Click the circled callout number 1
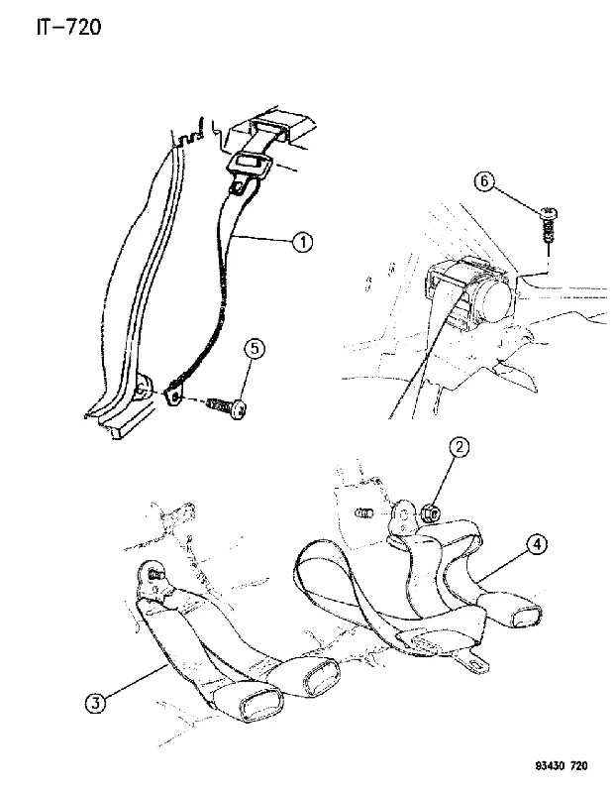tap(302, 242)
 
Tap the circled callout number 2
tap(460, 447)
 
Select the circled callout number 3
tap(96, 703)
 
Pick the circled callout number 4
tap(537, 544)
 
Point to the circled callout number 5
tap(255, 349)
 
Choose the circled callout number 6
tap(484, 181)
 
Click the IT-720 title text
tap(68, 27)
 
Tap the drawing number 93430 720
tap(562, 766)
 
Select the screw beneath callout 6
tap(548, 226)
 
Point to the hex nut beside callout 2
tap(431, 513)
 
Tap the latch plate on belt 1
tap(250, 165)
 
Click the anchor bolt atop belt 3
tap(155, 575)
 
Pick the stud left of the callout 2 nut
tap(363, 513)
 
